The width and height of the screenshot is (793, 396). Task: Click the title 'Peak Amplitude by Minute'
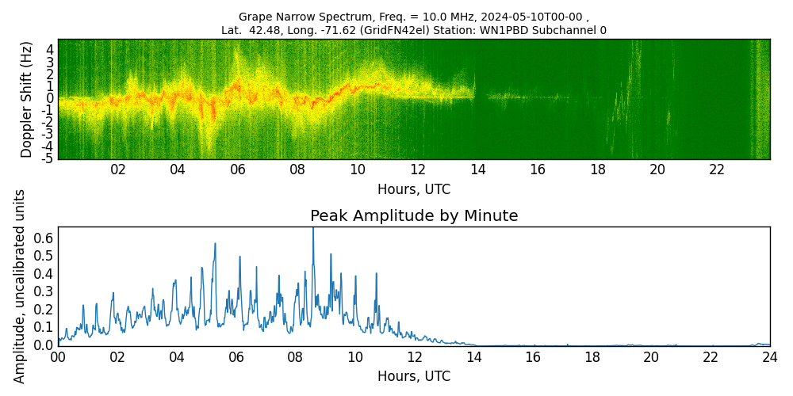click(x=414, y=216)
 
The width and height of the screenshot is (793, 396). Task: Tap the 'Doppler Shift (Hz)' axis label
click(x=27, y=99)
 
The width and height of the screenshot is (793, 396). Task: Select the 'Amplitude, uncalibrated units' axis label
click(x=21, y=286)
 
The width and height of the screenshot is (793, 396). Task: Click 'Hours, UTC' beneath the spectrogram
click(x=414, y=189)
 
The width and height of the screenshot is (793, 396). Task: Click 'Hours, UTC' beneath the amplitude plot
click(x=414, y=376)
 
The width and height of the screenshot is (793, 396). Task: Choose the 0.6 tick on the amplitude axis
click(x=44, y=238)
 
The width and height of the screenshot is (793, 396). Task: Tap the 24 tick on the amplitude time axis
click(x=769, y=357)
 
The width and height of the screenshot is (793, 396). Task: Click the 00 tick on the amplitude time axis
click(x=58, y=357)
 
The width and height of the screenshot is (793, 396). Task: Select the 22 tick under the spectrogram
click(x=717, y=169)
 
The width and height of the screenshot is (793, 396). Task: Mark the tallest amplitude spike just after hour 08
click(x=312, y=230)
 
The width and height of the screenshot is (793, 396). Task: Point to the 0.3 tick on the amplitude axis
click(x=44, y=291)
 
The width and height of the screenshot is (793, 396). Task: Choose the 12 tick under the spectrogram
click(x=418, y=169)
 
